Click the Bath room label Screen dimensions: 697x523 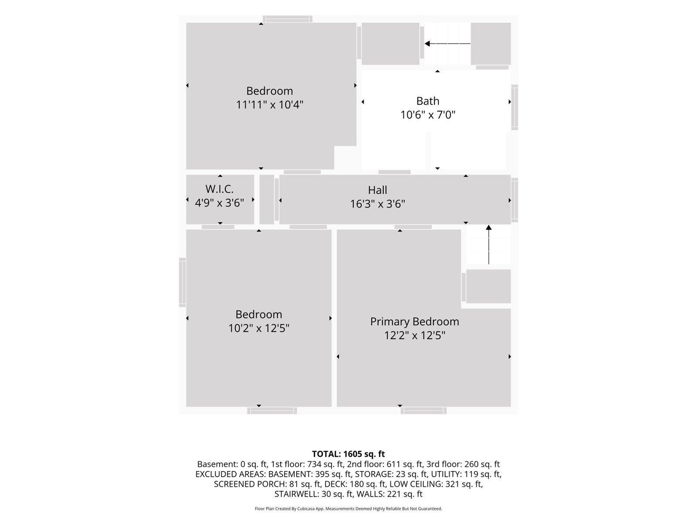coord(427,101)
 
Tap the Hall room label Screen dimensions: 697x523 coord(377,190)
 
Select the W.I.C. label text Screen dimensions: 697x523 coord(220,189)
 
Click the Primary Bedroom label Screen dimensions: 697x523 coord(414,322)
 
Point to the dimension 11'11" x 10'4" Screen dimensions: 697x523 coord(270,105)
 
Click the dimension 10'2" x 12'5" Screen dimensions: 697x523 coord(259,328)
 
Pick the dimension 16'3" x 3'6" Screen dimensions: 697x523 coord(377,204)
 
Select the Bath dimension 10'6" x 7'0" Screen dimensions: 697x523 coord(427,115)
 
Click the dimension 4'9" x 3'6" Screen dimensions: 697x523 coord(220,203)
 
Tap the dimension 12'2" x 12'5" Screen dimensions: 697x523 coord(414,335)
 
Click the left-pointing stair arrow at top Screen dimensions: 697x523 coord(447,44)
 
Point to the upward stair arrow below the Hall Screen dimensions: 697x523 coord(489,245)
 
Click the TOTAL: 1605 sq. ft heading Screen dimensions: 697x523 coord(348,454)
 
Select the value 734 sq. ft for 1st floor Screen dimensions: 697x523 coord(325,464)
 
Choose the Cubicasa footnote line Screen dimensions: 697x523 coord(348,508)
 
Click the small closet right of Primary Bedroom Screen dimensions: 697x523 coord(488,286)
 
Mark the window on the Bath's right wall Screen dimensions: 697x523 coord(515,107)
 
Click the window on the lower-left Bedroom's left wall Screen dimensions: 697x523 coord(182,282)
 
